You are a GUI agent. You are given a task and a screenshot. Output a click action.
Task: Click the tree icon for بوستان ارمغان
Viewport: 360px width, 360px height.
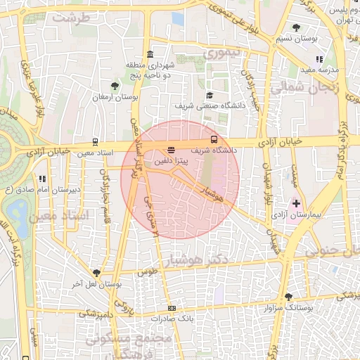[115, 86]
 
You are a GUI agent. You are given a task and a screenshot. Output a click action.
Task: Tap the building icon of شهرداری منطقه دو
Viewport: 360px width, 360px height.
[150, 54]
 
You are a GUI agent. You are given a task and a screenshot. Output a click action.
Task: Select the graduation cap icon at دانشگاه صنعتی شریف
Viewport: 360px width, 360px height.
[209, 96]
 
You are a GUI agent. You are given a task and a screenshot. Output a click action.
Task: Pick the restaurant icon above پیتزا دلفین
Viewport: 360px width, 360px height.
[172, 150]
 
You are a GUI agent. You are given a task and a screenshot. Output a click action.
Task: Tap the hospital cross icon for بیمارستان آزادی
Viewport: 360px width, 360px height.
[296, 203]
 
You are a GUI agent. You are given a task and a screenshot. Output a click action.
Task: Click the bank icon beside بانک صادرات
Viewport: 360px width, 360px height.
[172, 309]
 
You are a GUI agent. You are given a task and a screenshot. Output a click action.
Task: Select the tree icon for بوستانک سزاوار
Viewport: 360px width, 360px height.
[287, 297]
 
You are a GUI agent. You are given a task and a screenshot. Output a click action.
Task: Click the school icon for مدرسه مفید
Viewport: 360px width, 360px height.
[319, 60]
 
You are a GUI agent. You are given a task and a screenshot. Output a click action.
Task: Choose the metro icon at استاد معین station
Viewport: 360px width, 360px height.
[96, 141]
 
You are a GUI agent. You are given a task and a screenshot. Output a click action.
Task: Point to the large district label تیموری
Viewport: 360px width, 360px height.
[221, 53]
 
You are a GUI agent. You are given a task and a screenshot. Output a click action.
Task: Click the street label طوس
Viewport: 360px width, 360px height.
[146, 271]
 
